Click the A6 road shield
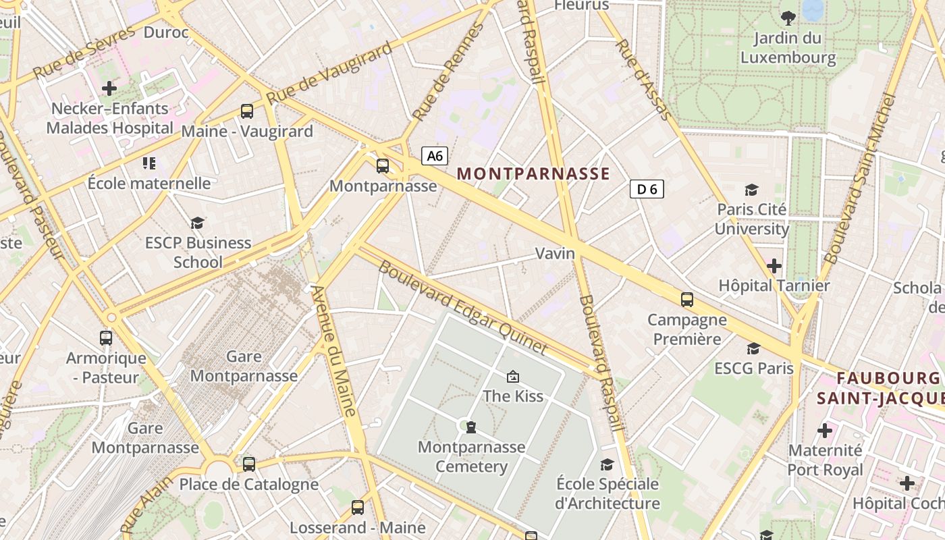(435, 156)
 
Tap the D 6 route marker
(647, 190)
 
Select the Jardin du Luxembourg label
(788, 48)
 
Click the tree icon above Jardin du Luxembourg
(788, 18)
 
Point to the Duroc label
(166, 32)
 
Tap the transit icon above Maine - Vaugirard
(247, 111)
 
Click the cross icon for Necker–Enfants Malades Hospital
(109, 88)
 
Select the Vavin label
(555, 254)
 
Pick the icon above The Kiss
(513, 376)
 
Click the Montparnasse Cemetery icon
(470, 427)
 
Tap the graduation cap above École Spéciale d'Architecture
(607, 464)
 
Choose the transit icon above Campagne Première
(687, 299)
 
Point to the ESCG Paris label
(754, 369)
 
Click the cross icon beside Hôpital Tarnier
(774, 266)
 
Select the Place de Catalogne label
(248, 484)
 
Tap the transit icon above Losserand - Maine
(358, 507)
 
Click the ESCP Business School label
(198, 252)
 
